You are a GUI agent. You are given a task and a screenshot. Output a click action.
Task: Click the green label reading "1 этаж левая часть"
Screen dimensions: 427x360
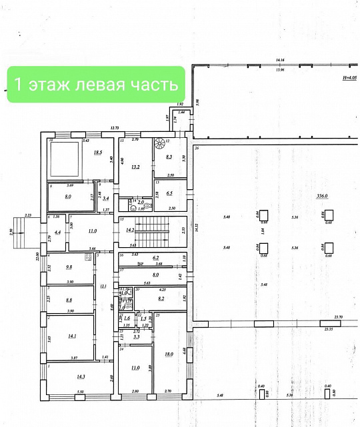point(96,85)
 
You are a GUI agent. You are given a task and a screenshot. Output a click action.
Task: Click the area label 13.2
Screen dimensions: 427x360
point(137,168)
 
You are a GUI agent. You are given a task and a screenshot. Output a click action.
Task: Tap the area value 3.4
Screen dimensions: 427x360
point(105,198)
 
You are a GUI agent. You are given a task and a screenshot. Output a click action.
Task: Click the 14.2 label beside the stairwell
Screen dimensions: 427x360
point(131,230)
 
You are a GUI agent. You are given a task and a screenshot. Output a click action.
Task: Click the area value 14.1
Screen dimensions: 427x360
point(71,336)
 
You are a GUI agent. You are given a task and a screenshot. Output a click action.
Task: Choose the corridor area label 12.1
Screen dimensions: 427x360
point(103,286)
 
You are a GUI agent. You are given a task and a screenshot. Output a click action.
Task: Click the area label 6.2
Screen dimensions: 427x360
point(156,257)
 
